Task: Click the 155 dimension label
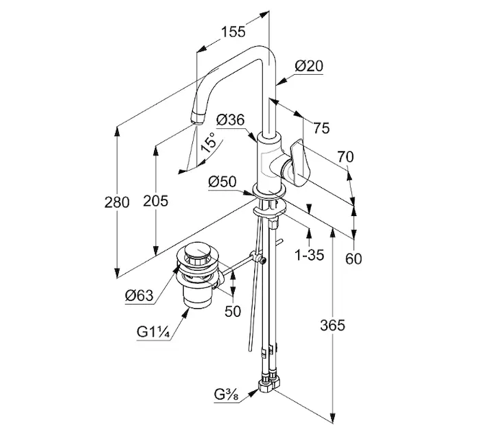click(233, 32)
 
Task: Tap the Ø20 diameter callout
click(309, 66)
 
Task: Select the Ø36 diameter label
click(230, 120)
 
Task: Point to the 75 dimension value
click(322, 128)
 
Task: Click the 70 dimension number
click(346, 157)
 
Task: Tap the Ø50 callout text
click(222, 182)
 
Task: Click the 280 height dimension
click(117, 202)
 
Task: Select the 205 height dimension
click(156, 201)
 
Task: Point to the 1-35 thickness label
click(310, 255)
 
